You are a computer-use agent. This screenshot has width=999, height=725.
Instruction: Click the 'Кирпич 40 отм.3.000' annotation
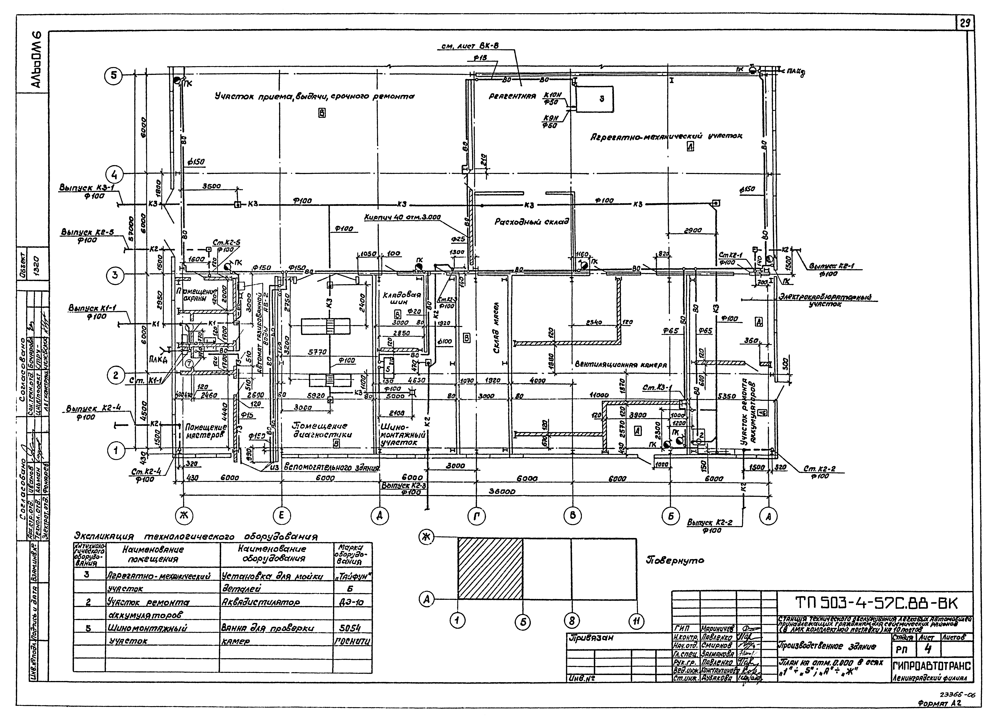(x=402, y=217)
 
